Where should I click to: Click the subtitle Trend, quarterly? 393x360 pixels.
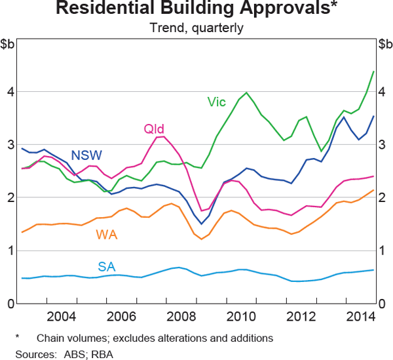click(196, 28)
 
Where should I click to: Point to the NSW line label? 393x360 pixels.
click(86, 155)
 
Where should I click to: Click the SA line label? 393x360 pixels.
click(107, 266)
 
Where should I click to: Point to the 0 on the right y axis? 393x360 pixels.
click(383, 304)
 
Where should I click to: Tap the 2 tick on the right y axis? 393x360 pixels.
click(383, 197)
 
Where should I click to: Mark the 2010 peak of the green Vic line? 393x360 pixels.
click(246, 92)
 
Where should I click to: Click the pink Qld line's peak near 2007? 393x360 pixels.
click(162, 136)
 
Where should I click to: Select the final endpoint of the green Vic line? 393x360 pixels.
click(373, 71)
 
